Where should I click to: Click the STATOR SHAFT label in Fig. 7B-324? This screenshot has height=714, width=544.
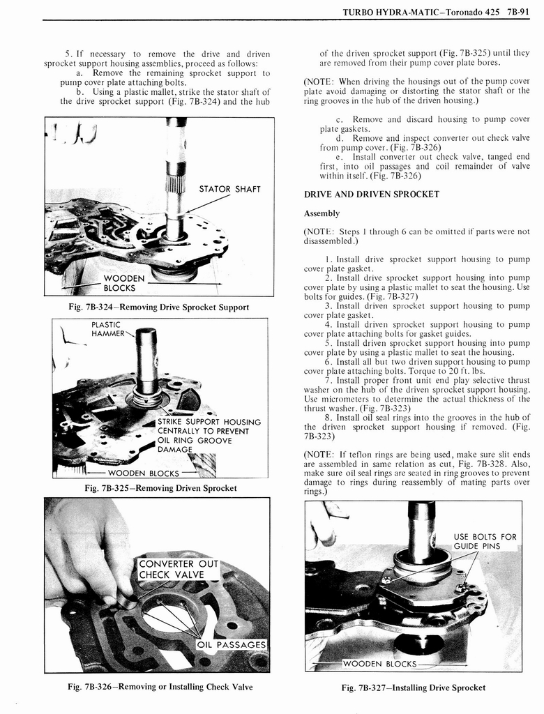[229, 189]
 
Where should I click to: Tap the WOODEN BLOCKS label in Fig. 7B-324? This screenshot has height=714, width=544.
[123, 283]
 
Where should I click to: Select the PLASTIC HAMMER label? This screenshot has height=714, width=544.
[106, 329]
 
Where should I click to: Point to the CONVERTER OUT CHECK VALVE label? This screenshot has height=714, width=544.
[179, 569]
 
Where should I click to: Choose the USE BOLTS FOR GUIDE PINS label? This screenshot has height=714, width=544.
[485, 541]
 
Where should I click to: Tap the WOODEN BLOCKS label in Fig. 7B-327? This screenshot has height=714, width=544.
[379, 663]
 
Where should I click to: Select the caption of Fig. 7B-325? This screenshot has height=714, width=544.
[160, 488]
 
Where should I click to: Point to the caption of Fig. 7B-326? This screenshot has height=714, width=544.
[160, 687]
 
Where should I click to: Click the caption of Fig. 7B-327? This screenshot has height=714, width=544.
[413, 688]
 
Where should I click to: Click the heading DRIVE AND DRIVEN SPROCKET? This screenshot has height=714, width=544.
[371, 194]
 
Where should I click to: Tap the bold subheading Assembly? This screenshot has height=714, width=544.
[322, 213]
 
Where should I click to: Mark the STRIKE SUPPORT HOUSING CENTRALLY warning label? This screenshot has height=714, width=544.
[209, 436]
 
